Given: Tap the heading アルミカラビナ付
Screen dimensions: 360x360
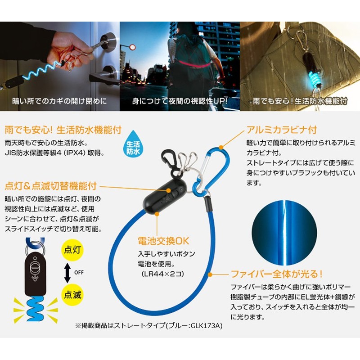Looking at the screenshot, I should [282, 130].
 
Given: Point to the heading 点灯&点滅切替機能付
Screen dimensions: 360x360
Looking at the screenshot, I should [51, 186].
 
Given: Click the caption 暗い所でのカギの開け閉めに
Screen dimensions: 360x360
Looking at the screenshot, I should [59, 101].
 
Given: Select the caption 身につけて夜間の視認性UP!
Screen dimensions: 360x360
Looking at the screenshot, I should [180, 101].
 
